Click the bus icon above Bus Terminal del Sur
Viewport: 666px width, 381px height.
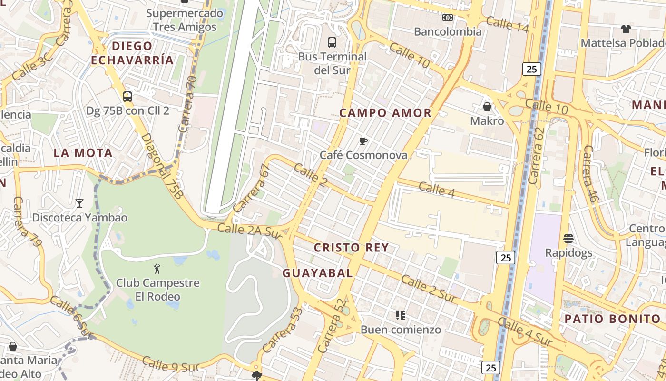click(332, 42)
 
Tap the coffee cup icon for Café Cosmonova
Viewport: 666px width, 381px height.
click(363, 141)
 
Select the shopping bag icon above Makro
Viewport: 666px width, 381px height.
click(487, 106)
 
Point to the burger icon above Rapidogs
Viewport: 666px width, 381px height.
click(568, 238)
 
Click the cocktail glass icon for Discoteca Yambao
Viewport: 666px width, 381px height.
click(79, 203)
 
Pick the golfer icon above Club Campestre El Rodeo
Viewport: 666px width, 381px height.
click(157, 269)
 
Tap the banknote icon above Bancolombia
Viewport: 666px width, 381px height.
click(448, 18)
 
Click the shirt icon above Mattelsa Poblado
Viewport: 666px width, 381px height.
click(626, 29)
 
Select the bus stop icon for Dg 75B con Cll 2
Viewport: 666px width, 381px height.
click(127, 96)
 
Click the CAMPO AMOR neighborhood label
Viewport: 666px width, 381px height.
click(385, 113)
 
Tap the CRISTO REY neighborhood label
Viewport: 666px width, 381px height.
click(352, 248)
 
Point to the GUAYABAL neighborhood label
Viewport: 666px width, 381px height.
click(318, 273)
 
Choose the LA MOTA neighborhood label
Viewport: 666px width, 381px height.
click(83, 153)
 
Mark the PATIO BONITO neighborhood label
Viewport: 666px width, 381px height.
click(613, 319)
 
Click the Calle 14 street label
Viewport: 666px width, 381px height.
click(507, 24)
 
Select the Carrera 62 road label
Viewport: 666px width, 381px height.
click(536, 156)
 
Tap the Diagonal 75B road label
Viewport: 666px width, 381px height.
click(162, 166)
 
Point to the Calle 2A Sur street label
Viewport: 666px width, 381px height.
click(250, 231)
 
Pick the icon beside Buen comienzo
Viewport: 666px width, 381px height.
click(401, 315)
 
